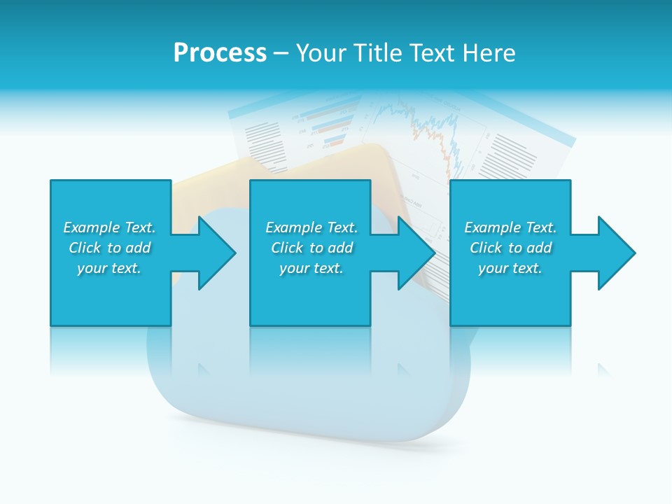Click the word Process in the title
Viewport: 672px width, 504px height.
220,53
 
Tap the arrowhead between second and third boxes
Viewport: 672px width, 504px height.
416,253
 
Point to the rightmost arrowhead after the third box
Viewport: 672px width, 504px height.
615,253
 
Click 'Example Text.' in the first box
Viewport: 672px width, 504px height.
109,227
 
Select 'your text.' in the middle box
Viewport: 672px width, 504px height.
311,268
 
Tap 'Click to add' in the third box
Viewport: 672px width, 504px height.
510,248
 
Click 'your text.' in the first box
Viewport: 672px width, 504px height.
109,268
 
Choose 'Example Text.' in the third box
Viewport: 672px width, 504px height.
510,227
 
